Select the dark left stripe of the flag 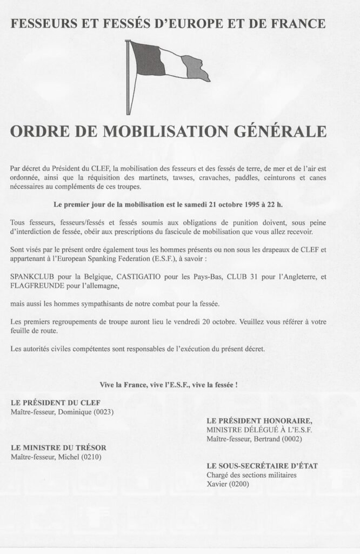147,58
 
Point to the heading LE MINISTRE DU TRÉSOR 58,447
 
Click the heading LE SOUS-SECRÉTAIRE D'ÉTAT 262,465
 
